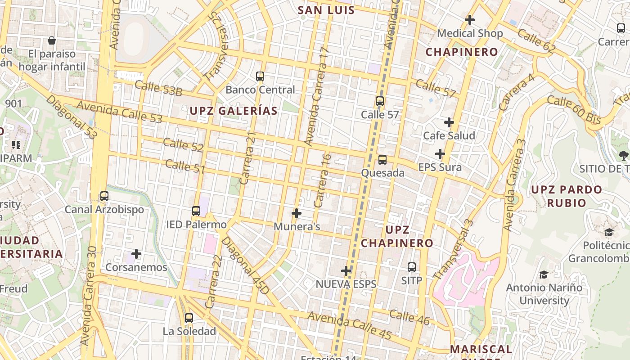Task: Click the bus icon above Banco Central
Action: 260,76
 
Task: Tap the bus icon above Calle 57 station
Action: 380,101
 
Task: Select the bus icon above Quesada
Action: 382,159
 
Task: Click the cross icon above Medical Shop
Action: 470,20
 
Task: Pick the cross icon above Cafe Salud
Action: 449,122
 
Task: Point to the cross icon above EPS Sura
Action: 440,154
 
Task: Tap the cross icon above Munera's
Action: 297,213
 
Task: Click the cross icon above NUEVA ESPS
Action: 346,270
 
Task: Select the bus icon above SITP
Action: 412,267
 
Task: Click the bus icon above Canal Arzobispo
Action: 104,196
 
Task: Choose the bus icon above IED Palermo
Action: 196,211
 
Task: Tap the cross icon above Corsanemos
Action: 136,254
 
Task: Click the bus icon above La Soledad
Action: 189,318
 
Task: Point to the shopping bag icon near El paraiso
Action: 52,40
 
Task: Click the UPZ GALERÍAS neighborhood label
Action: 234,111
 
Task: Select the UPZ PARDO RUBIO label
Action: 567,196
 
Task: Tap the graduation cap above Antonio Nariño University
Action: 544,274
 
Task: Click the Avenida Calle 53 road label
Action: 119,112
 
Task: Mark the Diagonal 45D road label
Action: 246,266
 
